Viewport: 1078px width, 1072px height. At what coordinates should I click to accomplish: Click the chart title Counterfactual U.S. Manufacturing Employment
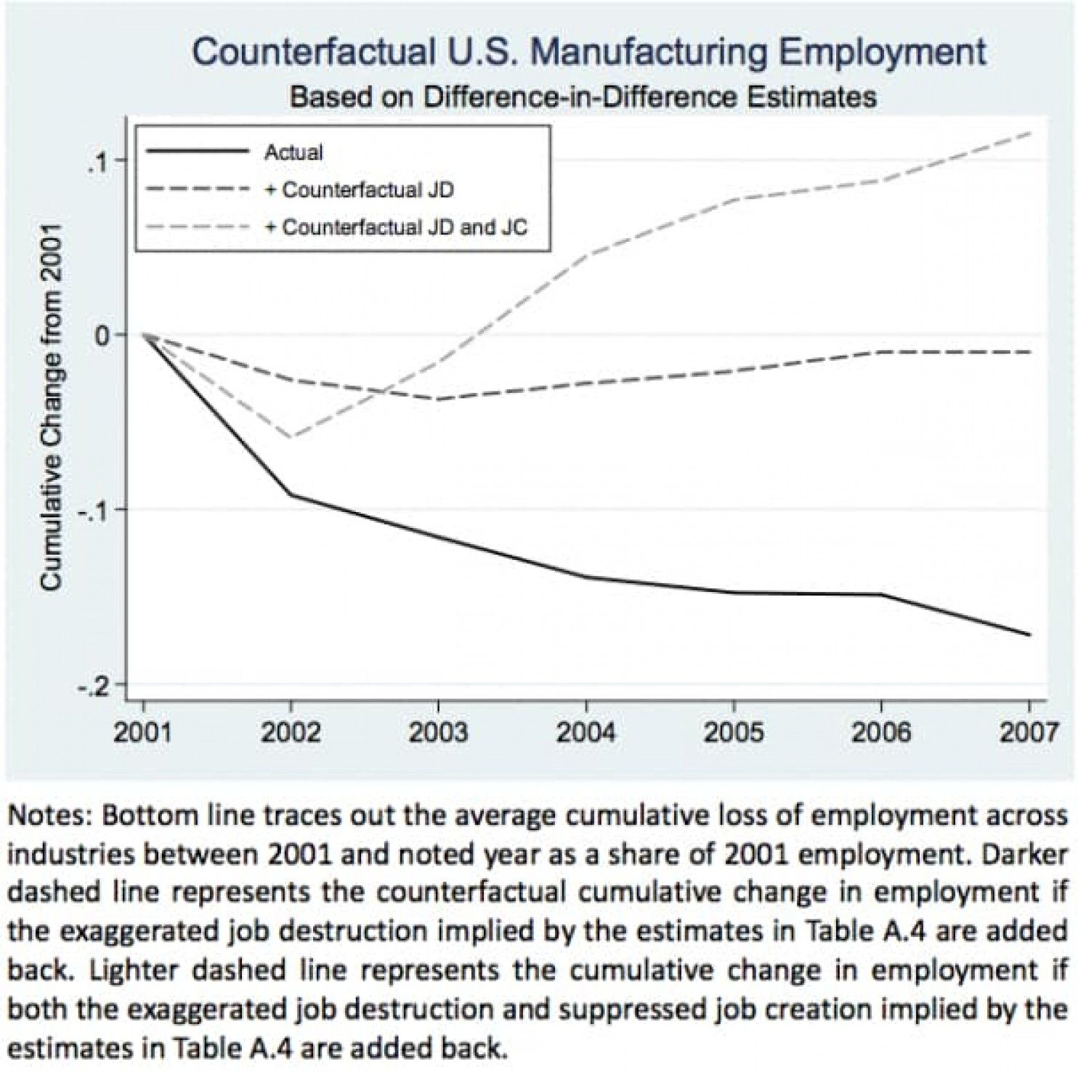[x=589, y=52]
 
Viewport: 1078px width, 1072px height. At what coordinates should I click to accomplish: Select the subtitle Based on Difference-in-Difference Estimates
[x=583, y=97]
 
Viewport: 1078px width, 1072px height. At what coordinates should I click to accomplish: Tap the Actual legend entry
[x=293, y=153]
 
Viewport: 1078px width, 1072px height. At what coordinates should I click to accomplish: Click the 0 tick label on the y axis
[x=100, y=336]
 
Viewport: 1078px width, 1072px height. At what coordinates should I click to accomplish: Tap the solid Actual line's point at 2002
[x=291, y=495]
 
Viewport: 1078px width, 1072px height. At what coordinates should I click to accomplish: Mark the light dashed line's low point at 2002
[x=291, y=437]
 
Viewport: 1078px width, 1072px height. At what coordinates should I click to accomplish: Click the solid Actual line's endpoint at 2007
[x=1029, y=635]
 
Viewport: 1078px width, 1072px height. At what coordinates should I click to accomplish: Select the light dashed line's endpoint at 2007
[x=1029, y=133]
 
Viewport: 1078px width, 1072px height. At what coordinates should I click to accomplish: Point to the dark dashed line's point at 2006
[x=881, y=352]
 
